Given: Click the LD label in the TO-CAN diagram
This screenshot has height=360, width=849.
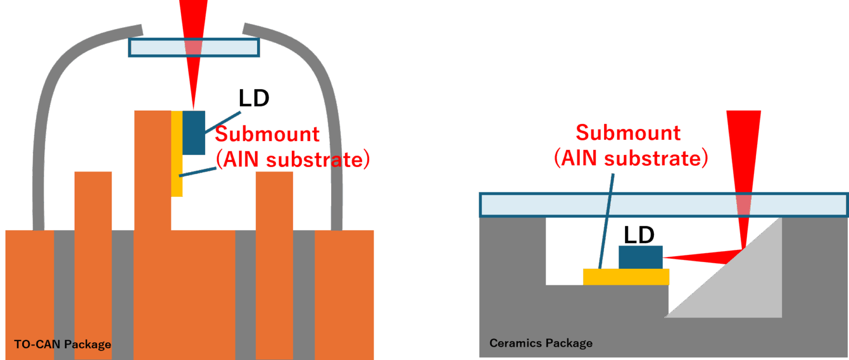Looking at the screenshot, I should coord(254,98).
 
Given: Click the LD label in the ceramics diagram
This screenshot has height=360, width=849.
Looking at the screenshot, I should coord(639,235).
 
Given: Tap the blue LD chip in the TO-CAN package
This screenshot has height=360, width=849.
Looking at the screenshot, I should coord(193,133).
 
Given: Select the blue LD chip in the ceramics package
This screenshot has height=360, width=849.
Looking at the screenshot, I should coord(640,257).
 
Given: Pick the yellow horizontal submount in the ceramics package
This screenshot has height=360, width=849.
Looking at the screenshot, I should coord(626,276).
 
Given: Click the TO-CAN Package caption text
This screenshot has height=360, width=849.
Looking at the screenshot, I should coord(62,345).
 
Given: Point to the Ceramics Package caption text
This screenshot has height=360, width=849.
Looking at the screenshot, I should coord(541,343).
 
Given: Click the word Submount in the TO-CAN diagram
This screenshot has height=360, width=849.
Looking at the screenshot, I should coord(267,134).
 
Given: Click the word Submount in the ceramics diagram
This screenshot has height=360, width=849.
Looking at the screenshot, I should coord(628,133).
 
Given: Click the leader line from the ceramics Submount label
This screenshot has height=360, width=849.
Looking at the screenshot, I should coord(606,221).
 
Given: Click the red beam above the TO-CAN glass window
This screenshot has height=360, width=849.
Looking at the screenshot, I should coord(193,17).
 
